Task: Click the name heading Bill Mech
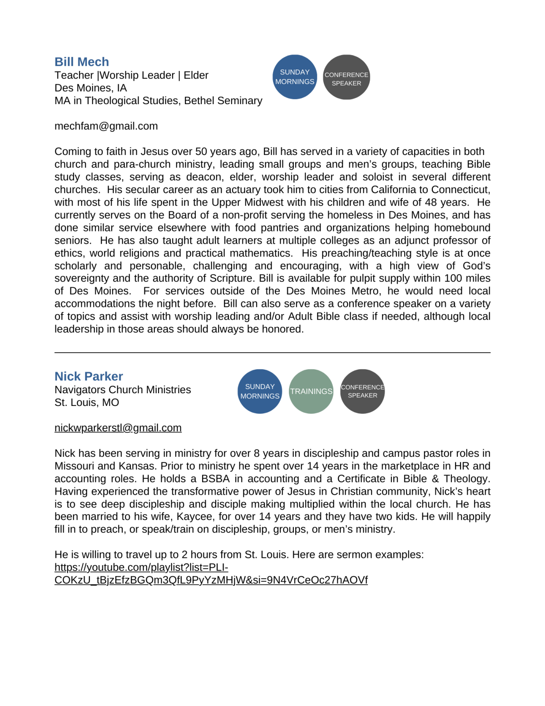tap(82, 62)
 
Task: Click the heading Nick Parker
tap(89, 376)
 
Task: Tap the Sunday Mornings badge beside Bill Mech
tap(295, 77)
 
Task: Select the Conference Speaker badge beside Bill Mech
tap(347, 77)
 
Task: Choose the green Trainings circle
tap(311, 391)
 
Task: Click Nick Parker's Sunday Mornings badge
tap(260, 391)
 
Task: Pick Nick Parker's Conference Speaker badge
tap(362, 391)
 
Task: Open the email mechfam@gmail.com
tap(106, 126)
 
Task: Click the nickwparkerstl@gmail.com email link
tap(118, 428)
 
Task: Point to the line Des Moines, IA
tap(91, 88)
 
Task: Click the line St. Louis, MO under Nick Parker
tap(87, 403)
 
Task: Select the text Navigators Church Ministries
tap(123, 390)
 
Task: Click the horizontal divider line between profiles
tap(272, 352)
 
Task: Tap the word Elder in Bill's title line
tap(196, 75)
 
